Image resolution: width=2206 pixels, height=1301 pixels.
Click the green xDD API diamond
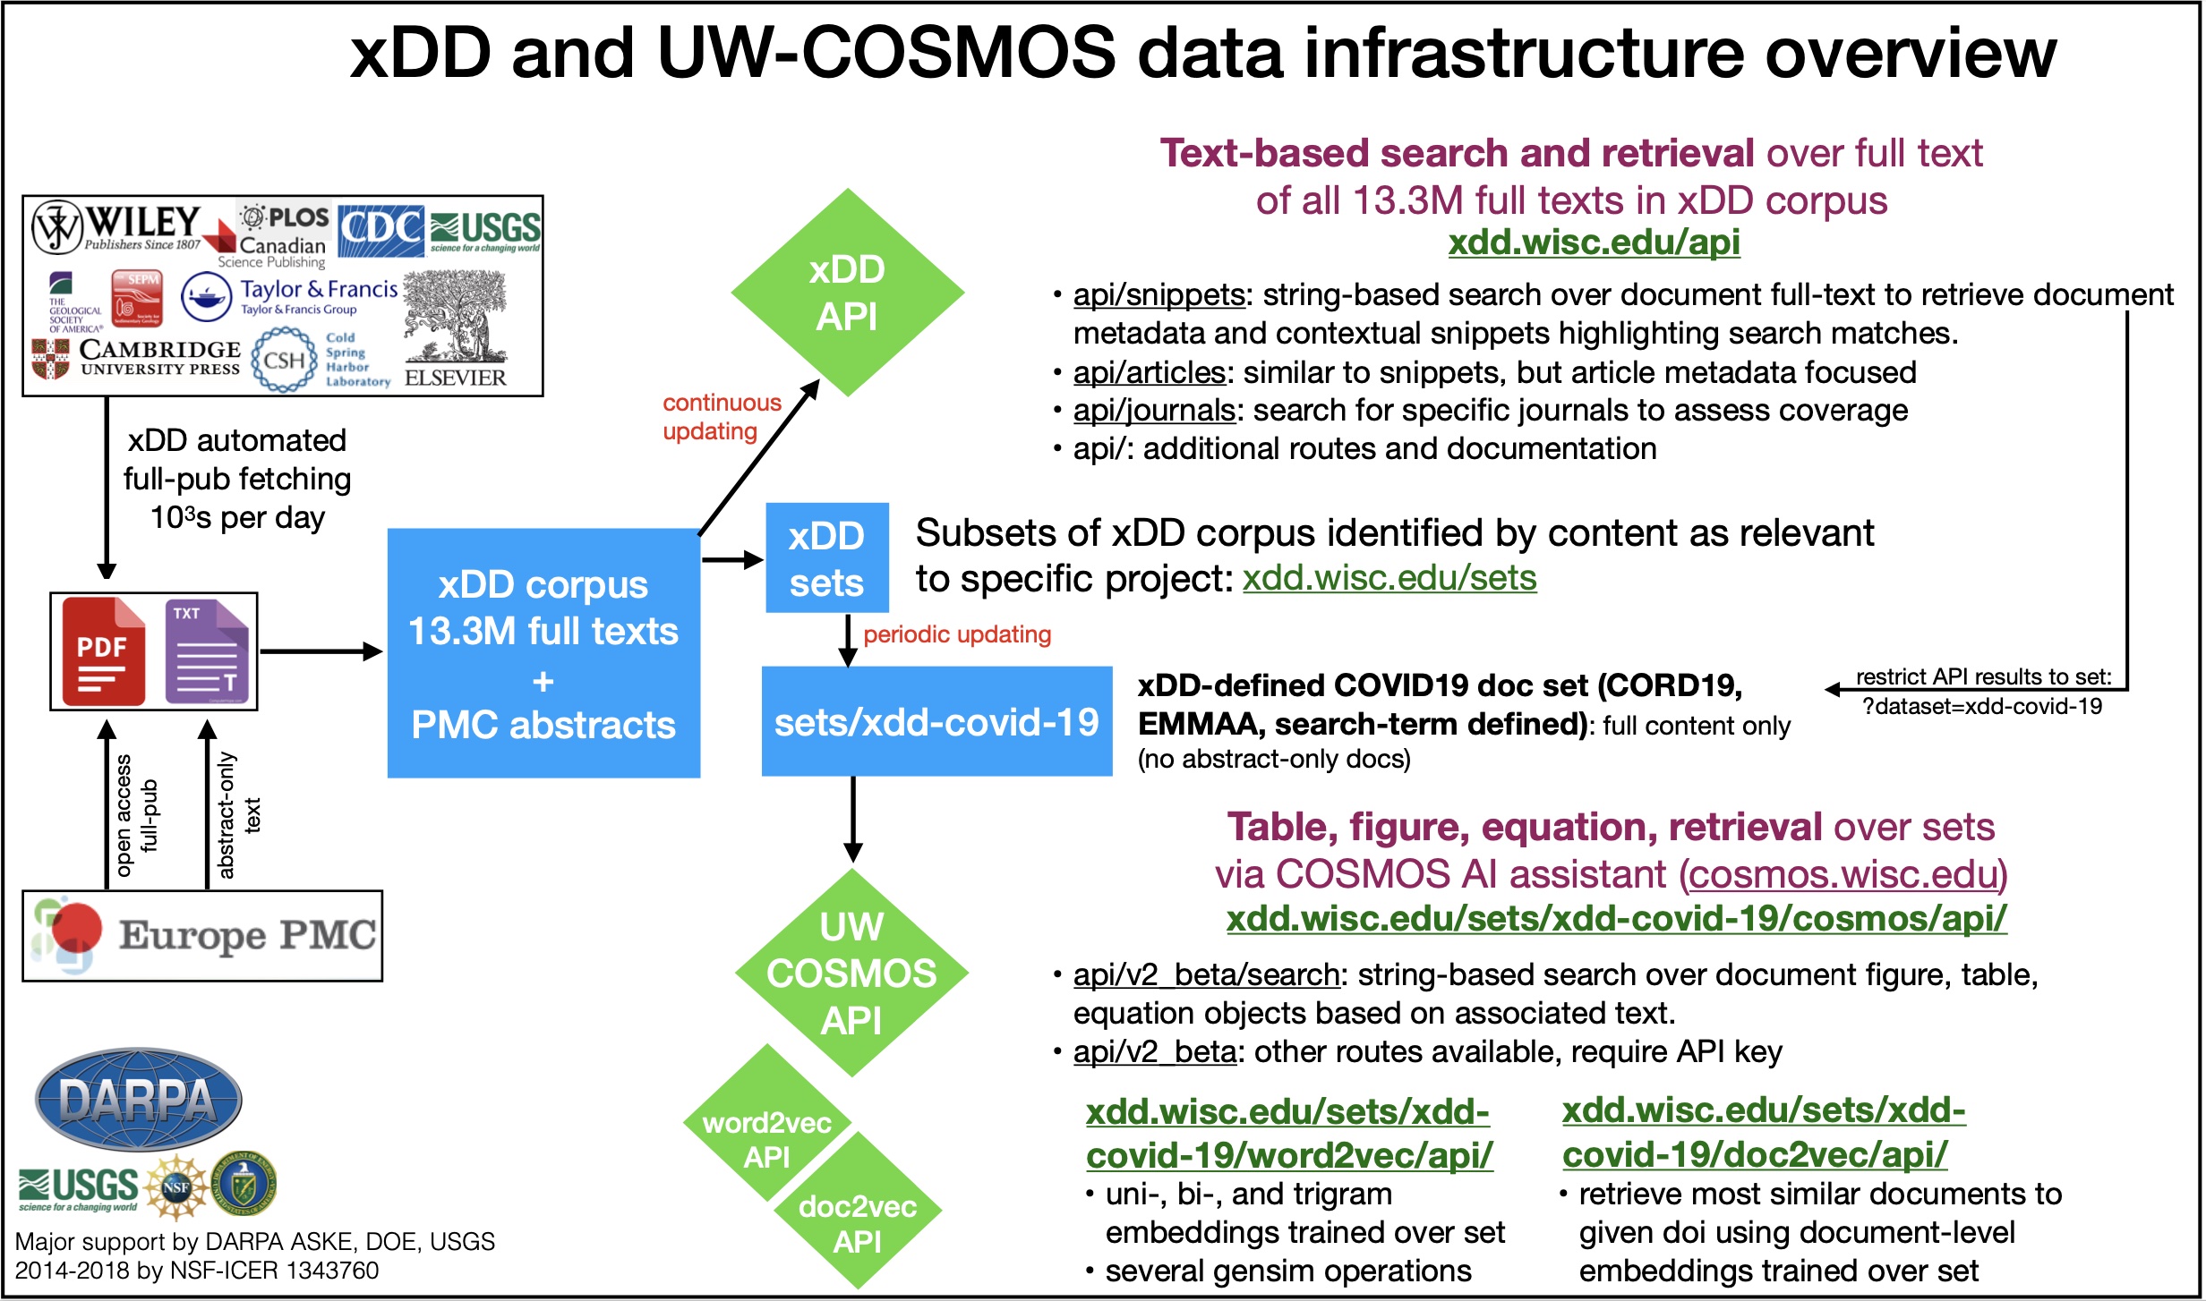[x=846, y=293]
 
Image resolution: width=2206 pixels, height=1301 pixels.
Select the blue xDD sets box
[x=826, y=558]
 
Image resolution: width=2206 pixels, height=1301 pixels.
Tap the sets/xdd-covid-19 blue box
[x=936, y=721]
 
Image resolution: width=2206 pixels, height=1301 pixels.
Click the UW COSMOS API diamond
[x=851, y=973]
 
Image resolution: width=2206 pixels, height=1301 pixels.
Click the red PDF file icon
[x=103, y=651]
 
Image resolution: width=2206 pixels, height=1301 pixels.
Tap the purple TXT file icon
[x=207, y=651]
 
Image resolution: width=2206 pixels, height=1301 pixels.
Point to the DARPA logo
[x=138, y=1100]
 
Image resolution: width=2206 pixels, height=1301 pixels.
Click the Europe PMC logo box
[x=202, y=936]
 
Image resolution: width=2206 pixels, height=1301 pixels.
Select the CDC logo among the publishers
[x=380, y=230]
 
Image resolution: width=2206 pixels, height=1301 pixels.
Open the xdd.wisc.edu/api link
[x=1594, y=242]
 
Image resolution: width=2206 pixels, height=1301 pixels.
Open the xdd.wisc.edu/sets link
[x=1389, y=578]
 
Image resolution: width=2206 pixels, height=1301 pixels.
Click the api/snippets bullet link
[x=1159, y=294]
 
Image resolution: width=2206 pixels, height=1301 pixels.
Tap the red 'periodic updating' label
[x=956, y=634]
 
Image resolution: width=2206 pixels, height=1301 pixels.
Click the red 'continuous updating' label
[x=721, y=417]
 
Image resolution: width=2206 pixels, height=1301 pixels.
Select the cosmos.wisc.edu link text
[x=1843, y=874]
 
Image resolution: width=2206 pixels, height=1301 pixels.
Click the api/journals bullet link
[x=1154, y=410]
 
